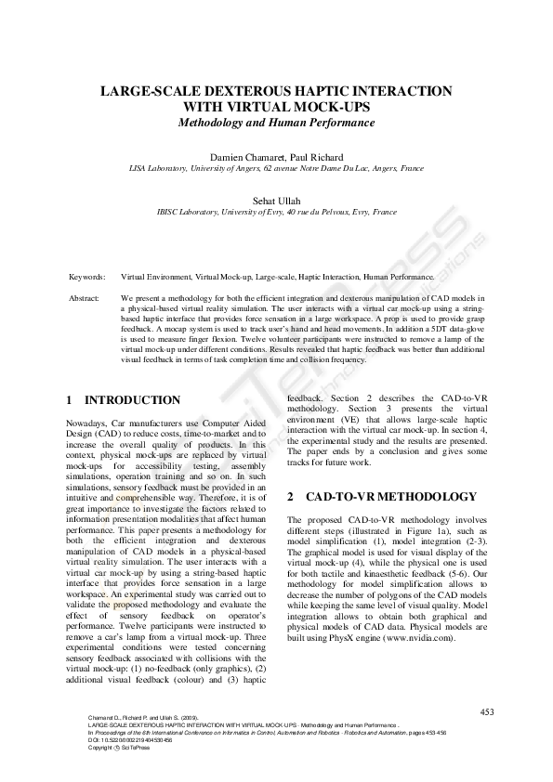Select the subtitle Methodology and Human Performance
click(276, 123)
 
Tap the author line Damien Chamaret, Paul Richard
click(276, 157)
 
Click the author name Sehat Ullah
click(276, 200)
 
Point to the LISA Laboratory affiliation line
click(276, 169)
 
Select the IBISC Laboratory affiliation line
click(276, 212)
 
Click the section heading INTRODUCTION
click(133, 400)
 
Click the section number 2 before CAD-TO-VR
click(291, 497)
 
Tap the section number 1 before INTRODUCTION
click(70, 400)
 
